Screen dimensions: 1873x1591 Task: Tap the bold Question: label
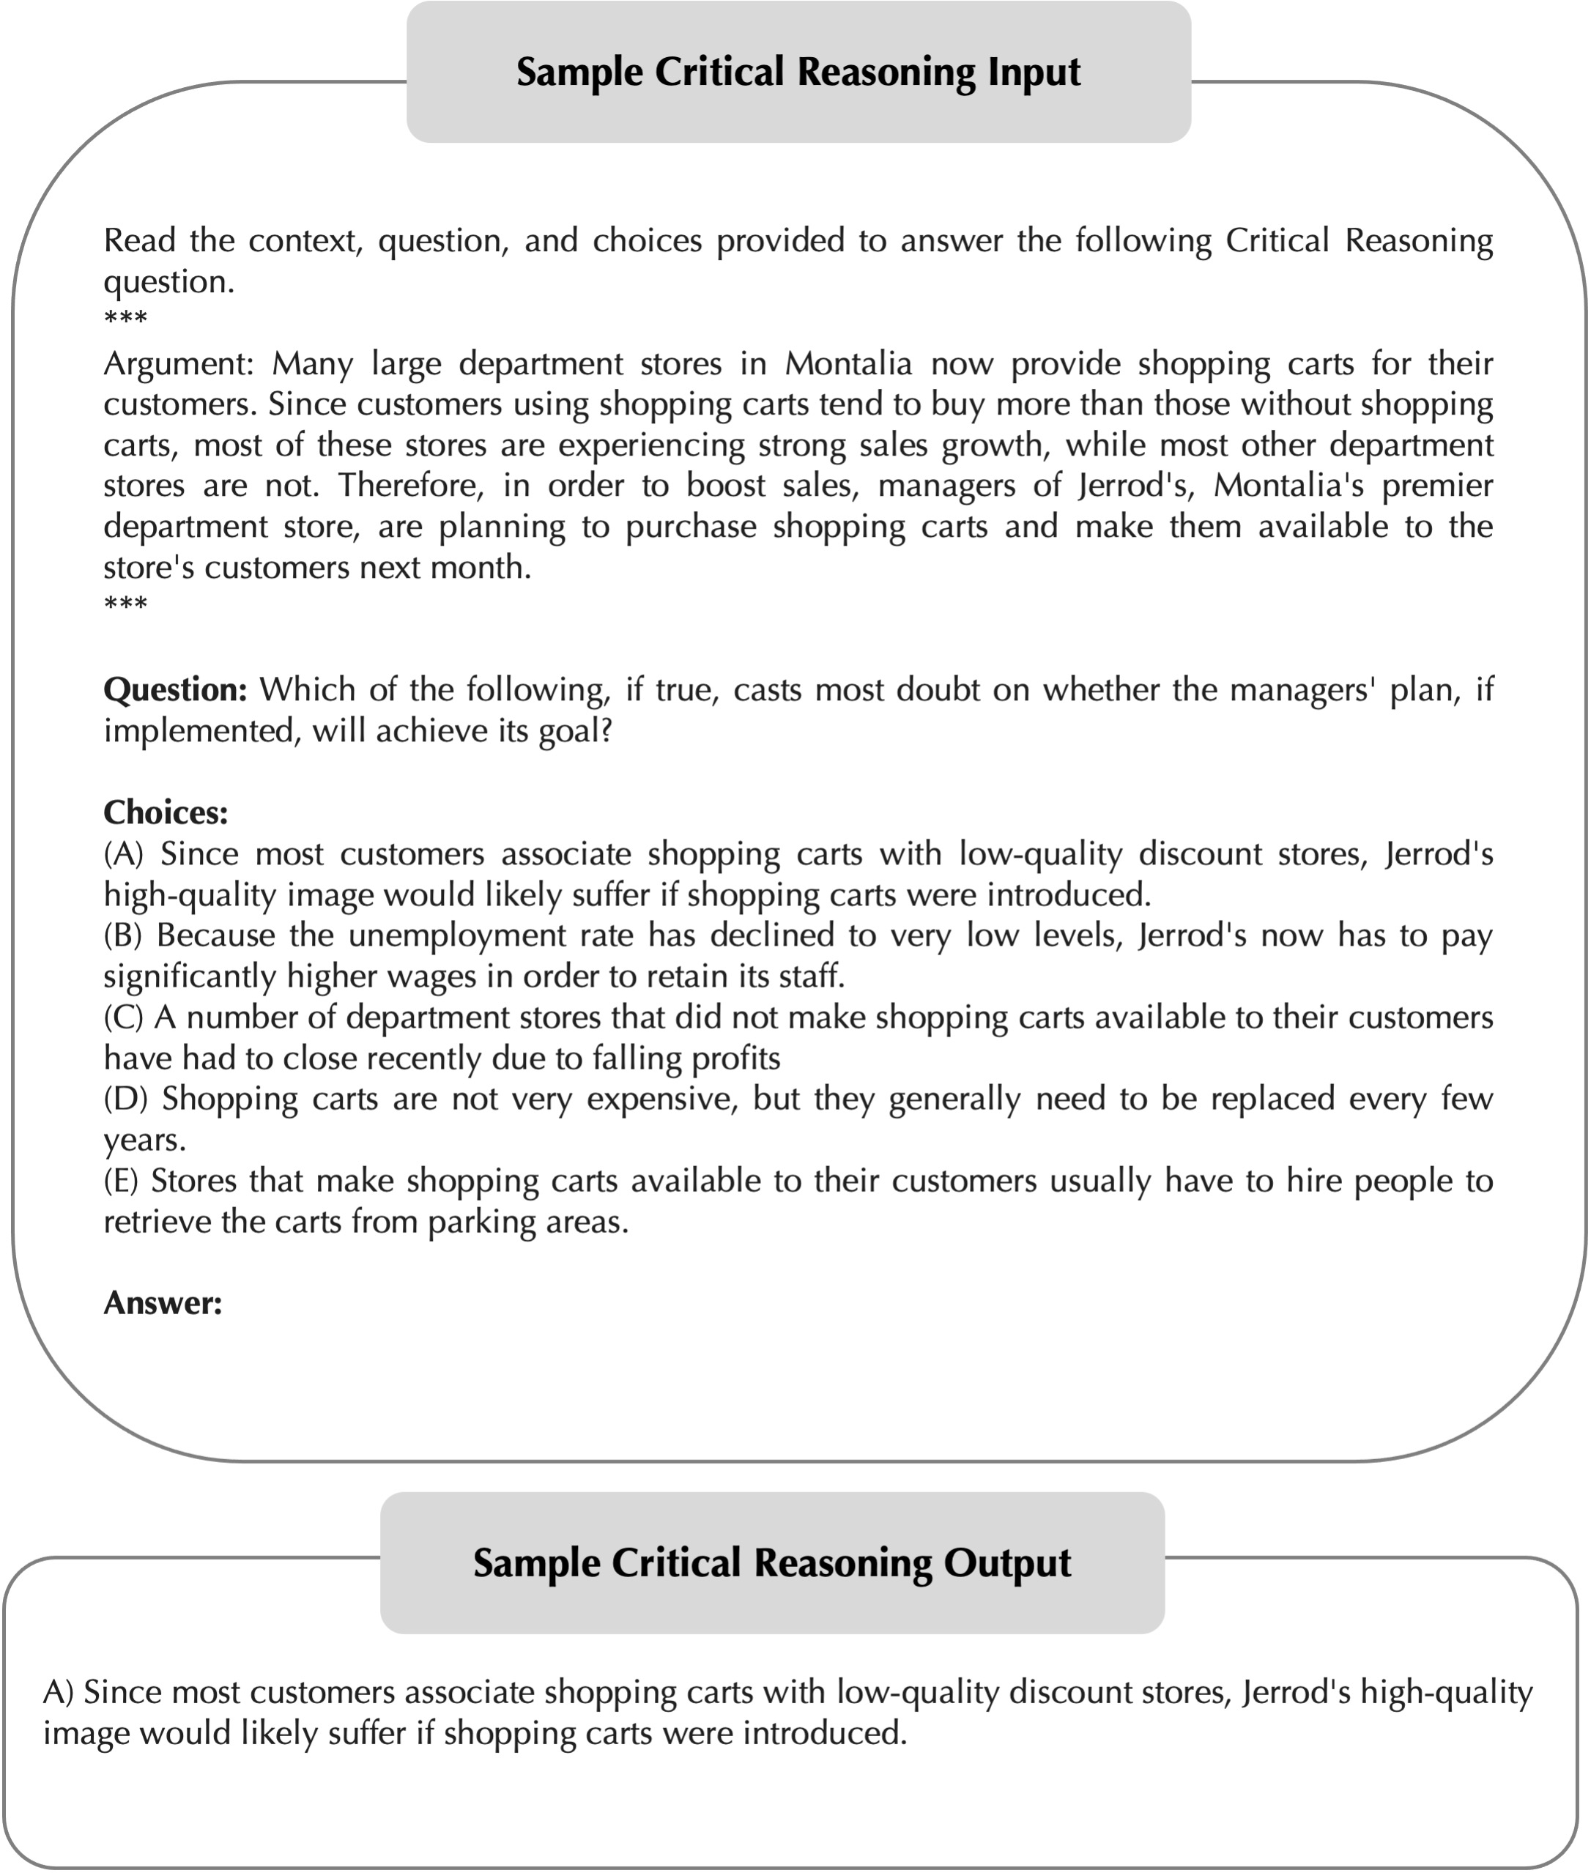175,690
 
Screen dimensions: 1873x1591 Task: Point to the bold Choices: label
165,812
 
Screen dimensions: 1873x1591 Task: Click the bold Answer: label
163,1302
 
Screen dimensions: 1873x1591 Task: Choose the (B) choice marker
122,935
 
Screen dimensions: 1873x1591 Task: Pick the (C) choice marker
122,1017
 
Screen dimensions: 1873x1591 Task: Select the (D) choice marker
124,1098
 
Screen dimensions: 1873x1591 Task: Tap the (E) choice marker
121,1181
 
